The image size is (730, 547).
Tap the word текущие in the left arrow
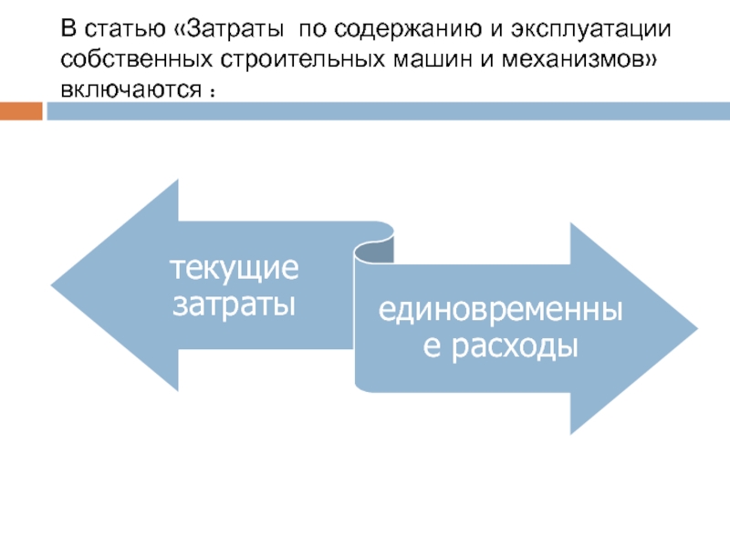(235, 269)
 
